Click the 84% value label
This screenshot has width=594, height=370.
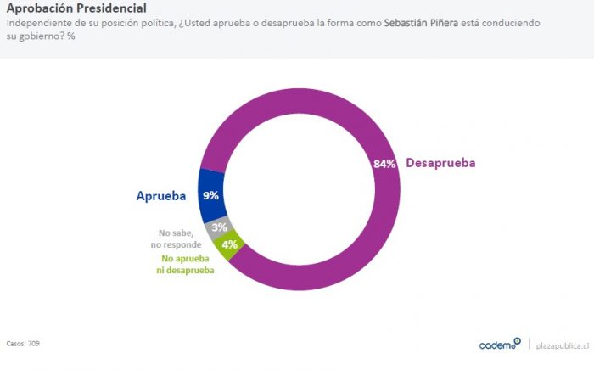coord(384,164)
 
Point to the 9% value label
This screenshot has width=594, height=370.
coord(211,195)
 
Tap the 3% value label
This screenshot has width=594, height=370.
coord(219,227)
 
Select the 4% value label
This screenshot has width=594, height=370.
coord(229,244)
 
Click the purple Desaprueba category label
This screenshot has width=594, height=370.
coord(441,163)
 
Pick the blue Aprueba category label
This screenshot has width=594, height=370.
coord(161,195)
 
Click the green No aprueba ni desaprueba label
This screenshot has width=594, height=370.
coord(187,265)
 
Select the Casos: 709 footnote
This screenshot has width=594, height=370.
coord(23,343)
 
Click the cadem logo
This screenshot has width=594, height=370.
coord(499,345)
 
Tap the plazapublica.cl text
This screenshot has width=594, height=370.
coord(562,345)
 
